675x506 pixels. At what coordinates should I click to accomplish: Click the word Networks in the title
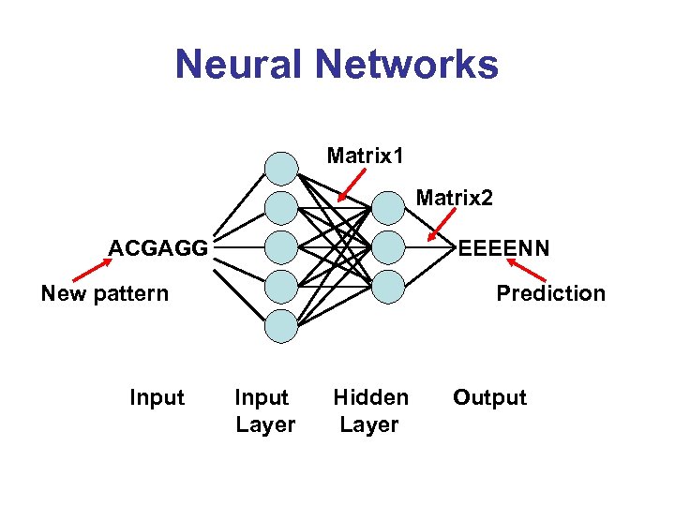(x=407, y=65)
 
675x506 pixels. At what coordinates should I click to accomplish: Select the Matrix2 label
(x=454, y=198)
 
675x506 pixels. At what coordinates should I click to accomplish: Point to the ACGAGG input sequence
(x=157, y=248)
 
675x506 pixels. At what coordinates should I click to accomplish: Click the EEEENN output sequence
(x=504, y=248)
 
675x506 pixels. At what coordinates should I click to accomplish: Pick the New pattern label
(x=105, y=293)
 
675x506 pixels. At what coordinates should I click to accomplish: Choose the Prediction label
(x=550, y=293)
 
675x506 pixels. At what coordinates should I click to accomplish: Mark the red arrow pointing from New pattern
(x=90, y=271)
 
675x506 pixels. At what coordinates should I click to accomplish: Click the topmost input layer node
(x=280, y=168)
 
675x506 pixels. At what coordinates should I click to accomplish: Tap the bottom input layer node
(x=280, y=325)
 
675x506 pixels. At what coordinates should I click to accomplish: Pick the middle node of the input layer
(x=280, y=246)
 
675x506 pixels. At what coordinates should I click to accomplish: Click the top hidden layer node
(x=388, y=208)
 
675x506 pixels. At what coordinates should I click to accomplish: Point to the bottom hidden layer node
(x=388, y=286)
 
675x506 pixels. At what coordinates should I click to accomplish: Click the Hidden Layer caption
(x=370, y=410)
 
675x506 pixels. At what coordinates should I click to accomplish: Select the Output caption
(x=489, y=397)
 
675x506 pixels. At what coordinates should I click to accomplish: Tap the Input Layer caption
(x=264, y=410)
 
